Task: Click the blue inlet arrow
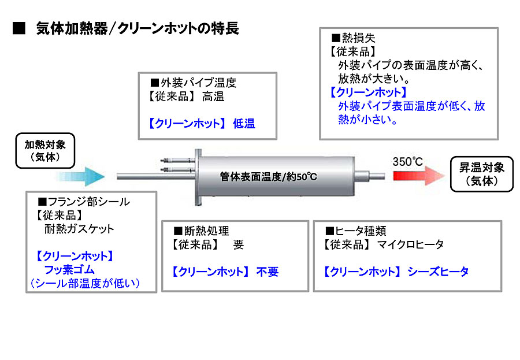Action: coord(81,176)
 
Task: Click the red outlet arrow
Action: coord(419,176)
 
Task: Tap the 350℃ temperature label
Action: coord(407,162)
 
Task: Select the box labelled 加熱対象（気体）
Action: coord(45,151)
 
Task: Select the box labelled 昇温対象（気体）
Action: coord(481,174)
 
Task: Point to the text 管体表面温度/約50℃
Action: coord(268,176)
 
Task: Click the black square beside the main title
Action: coord(19,28)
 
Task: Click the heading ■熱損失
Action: coord(353,38)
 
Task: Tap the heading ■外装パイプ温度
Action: coord(194,83)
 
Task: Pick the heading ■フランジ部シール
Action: coord(84,202)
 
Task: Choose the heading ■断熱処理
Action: coord(201,231)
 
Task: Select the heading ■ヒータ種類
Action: coord(355,231)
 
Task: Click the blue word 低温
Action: coord(244,124)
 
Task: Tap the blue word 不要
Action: coord(268,272)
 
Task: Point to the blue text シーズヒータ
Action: coord(438,272)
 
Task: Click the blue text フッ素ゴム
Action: coord(69,269)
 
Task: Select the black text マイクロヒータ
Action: coord(411,244)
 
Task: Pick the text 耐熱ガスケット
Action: coord(79,229)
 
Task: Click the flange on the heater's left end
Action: coord(198,177)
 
